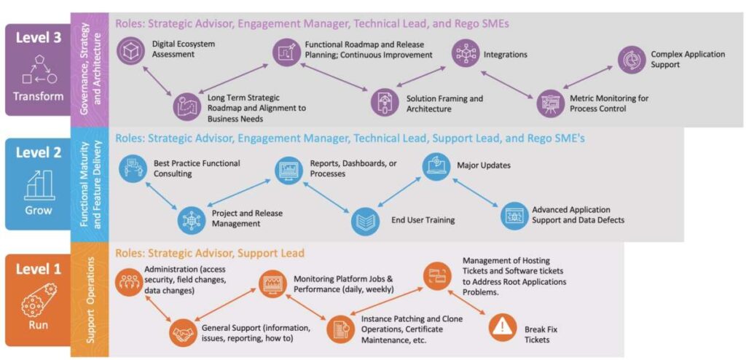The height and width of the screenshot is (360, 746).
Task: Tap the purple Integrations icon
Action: (x=466, y=53)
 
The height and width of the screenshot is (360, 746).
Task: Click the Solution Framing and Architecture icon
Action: (x=384, y=103)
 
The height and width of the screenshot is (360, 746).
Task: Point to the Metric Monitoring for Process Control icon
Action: (x=551, y=103)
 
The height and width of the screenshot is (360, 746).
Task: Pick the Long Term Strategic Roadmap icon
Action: (x=186, y=106)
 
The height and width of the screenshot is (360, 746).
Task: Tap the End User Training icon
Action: (x=365, y=221)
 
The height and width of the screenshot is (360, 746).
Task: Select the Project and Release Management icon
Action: (x=192, y=218)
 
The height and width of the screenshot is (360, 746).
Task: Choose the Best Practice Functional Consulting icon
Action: (x=133, y=168)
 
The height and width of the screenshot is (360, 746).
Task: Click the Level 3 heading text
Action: (x=38, y=39)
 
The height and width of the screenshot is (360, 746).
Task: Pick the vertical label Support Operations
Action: (x=90, y=300)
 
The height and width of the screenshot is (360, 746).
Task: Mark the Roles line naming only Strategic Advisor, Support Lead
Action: (x=210, y=253)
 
